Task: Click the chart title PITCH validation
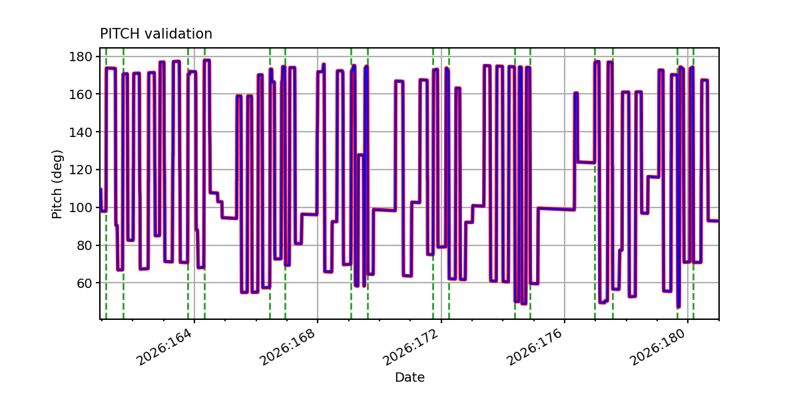click(x=156, y=34)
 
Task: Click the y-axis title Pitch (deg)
click(x=57, y=184)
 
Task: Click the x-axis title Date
click(x=409, y=377)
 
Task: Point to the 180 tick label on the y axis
click(x=81, y=57)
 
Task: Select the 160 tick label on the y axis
click(x=81, y=94)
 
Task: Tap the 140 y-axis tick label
click(x=81, y=132)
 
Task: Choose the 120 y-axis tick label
click(x=81, y=170)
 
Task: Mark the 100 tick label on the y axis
click(x=81, y=207)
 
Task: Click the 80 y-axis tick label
click(x=85, y=245)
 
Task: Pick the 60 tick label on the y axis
click(x=85, y=283)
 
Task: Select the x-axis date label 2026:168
click(x=288, y=346)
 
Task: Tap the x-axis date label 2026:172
click(x=411, y=346)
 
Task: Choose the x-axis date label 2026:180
click(x=659, y=346)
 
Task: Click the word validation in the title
click(x=178, y=34)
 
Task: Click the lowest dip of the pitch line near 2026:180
click(x=678, y=307)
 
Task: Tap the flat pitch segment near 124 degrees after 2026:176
click(x=586, y=162)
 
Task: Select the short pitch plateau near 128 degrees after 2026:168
click(x=361, y=154)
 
